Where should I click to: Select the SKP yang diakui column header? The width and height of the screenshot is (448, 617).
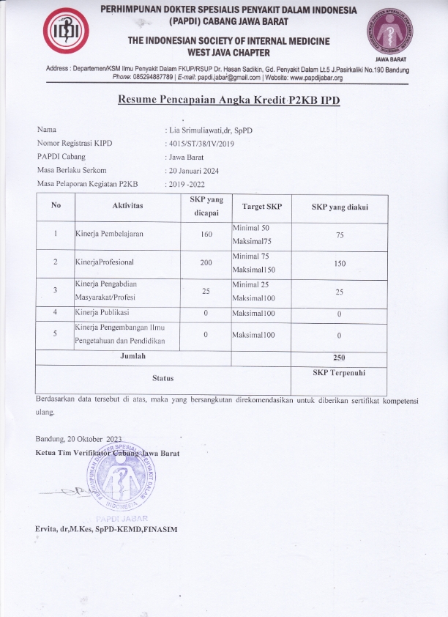click(339, 207)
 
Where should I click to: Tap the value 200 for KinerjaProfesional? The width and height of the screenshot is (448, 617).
click(206, 262)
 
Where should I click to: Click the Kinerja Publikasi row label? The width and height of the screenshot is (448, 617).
click(103, 313)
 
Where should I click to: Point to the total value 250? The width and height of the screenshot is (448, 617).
click(339, 358)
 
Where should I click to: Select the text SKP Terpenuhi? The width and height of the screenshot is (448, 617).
click(339, 372)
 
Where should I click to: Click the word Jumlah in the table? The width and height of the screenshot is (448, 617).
click(132, 355)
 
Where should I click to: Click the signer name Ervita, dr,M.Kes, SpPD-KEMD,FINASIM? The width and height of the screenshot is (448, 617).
click(105, 529)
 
